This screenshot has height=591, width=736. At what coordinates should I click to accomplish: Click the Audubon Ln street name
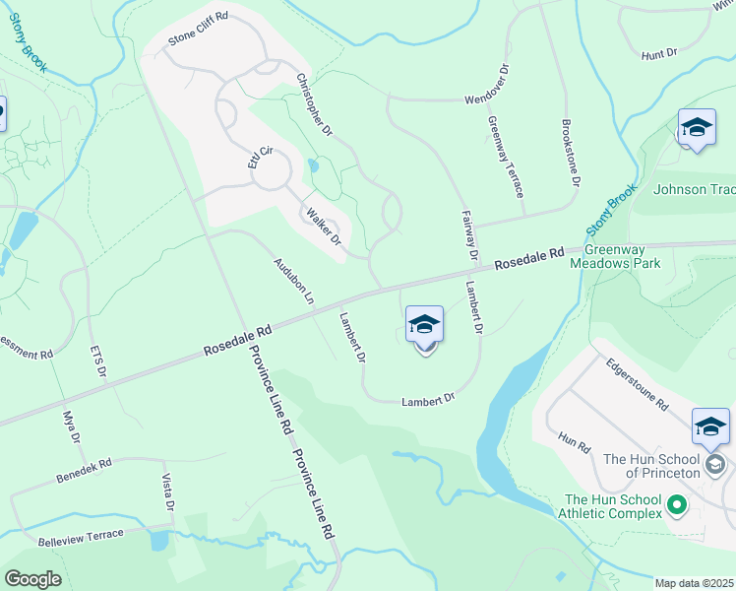(293, 280)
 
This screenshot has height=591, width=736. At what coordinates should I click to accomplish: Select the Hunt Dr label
(659, 55)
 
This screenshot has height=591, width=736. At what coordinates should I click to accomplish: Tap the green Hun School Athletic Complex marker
(675, 506)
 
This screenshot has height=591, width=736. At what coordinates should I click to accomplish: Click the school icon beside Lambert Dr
(424, 324)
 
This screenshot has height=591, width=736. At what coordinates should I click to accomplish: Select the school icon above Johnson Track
(697, 128)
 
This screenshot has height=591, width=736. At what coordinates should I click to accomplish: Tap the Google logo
(32, 579)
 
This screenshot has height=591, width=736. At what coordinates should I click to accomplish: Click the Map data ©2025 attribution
(694, 583)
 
